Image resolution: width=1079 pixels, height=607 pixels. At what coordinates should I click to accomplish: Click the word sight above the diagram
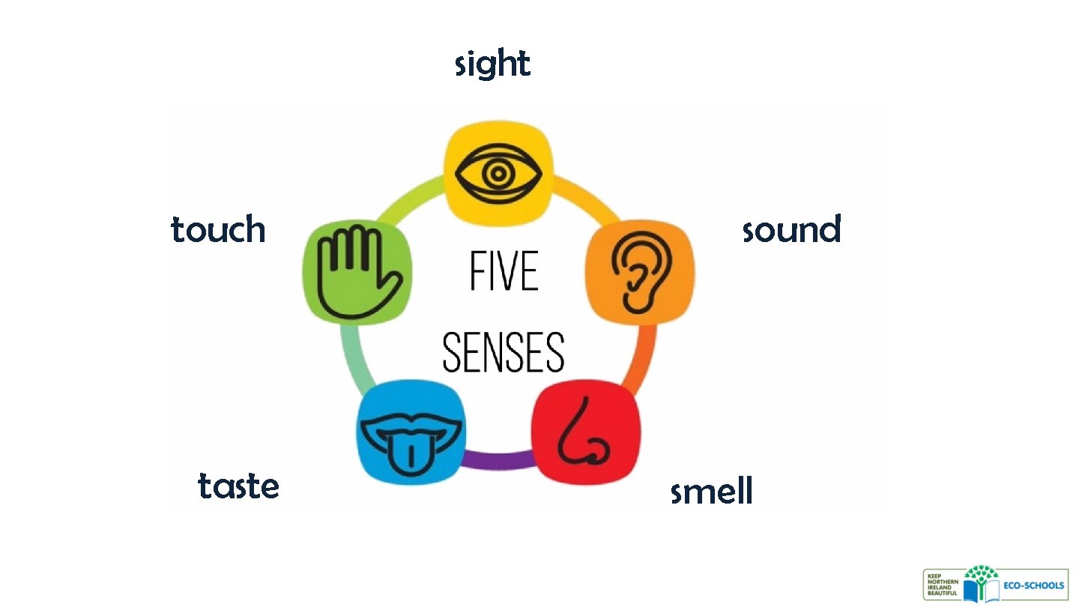492,64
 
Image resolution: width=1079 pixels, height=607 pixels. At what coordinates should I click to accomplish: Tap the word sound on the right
791,229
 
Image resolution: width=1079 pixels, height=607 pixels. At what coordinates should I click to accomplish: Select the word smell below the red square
711,492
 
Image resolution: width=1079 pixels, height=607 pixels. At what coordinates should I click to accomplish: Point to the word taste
238,486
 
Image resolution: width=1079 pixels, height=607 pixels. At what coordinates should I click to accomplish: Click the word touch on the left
218,229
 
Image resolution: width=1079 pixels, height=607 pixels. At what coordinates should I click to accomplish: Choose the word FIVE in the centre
504,271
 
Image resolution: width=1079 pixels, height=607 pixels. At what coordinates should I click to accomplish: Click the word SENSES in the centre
503,352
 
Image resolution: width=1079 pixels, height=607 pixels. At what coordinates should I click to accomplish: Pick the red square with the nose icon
585,435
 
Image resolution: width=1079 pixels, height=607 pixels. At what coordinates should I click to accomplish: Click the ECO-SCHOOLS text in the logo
1034,585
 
